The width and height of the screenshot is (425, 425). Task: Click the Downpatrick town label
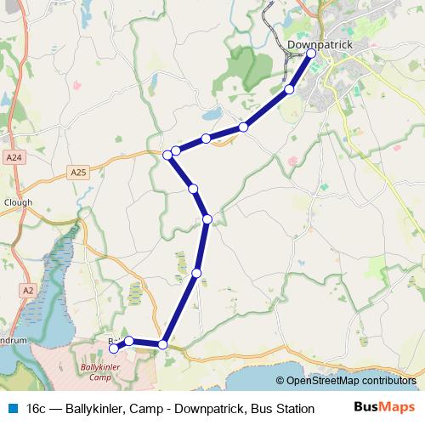pos(314,43)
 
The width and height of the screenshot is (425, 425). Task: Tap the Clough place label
pos(18,202)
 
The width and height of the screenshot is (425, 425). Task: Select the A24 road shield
pos(13,157)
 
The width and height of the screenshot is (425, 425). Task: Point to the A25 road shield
pos(79,173)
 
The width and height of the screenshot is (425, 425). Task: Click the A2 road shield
pos(29,290)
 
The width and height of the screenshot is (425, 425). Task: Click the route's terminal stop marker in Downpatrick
pos(311,54)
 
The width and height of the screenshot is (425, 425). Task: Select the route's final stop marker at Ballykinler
pos(114,348)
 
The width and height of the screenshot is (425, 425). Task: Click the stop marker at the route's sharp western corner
pos(167,155)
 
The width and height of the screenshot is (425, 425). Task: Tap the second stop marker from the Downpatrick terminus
pos(289,89)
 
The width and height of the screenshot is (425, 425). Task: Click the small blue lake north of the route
pos(211,113)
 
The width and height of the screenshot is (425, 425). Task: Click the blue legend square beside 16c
pos(11,409)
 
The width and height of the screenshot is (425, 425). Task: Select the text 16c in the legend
pos(36,409)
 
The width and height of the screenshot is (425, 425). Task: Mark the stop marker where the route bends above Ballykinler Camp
pos(162,344)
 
